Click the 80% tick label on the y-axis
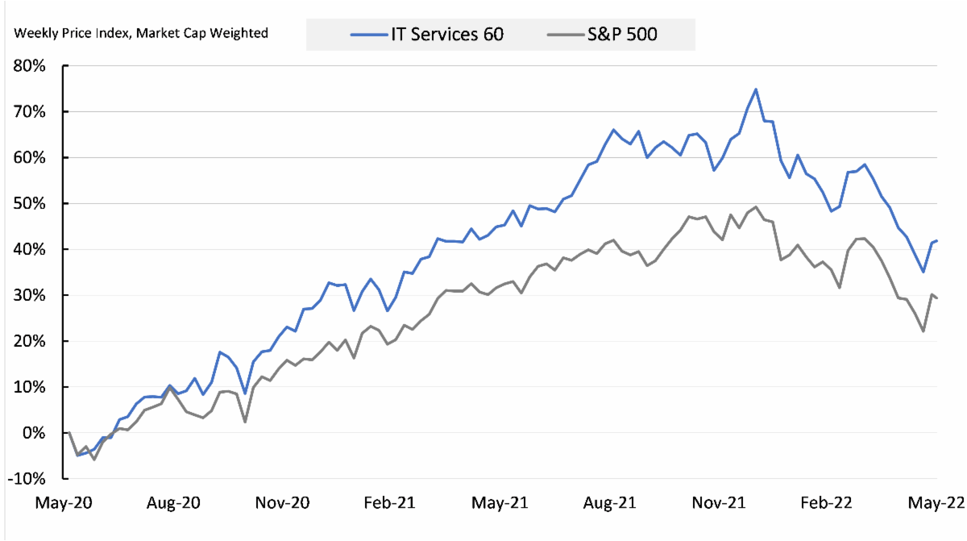pos(31,65)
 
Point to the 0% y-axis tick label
pos(35,433)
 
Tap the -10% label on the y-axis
pos(28,479)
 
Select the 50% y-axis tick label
pos(31,203)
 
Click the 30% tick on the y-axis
pos(31,295)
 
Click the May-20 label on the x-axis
pos(64,502)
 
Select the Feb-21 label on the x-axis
pos(389,502)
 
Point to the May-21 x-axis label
pos(500,502)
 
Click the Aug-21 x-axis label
pos(610,502)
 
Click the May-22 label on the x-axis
pos(936,502)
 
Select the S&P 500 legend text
pos(624,35)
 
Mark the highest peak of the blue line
pos(756,89)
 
